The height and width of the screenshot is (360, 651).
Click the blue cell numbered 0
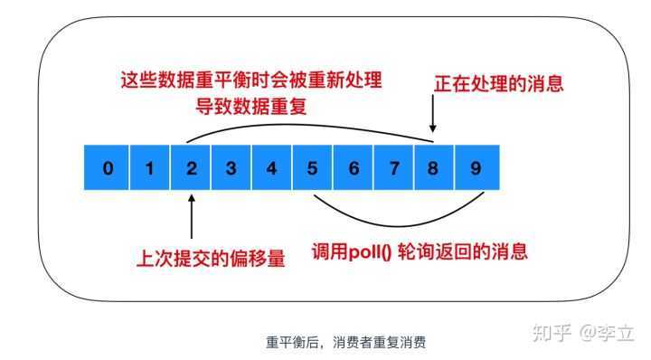pos(108,167)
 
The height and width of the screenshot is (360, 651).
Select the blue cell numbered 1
pos(150,167)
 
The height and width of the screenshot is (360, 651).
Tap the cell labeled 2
pos(192,167)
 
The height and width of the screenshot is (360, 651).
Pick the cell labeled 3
pos(231,167)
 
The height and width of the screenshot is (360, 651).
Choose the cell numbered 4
pos(271,167)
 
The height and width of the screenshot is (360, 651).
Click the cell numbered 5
pos(313,167)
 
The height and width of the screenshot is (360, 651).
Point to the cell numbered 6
pos(354,167)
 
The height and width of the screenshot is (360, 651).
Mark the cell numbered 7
pos(394,167)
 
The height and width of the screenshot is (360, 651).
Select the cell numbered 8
pos(434,167)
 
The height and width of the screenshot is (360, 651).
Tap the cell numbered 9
pos(476,167)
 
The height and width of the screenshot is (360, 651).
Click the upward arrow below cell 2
pos(192,214)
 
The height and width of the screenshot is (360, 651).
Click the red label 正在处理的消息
pos(498,84)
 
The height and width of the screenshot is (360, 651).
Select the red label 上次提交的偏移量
pos(210,259)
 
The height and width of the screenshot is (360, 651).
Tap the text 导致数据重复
pos(250,106)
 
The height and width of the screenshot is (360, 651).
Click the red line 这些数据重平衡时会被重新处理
pos(250,80)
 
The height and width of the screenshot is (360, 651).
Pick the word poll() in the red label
pos(369,251)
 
